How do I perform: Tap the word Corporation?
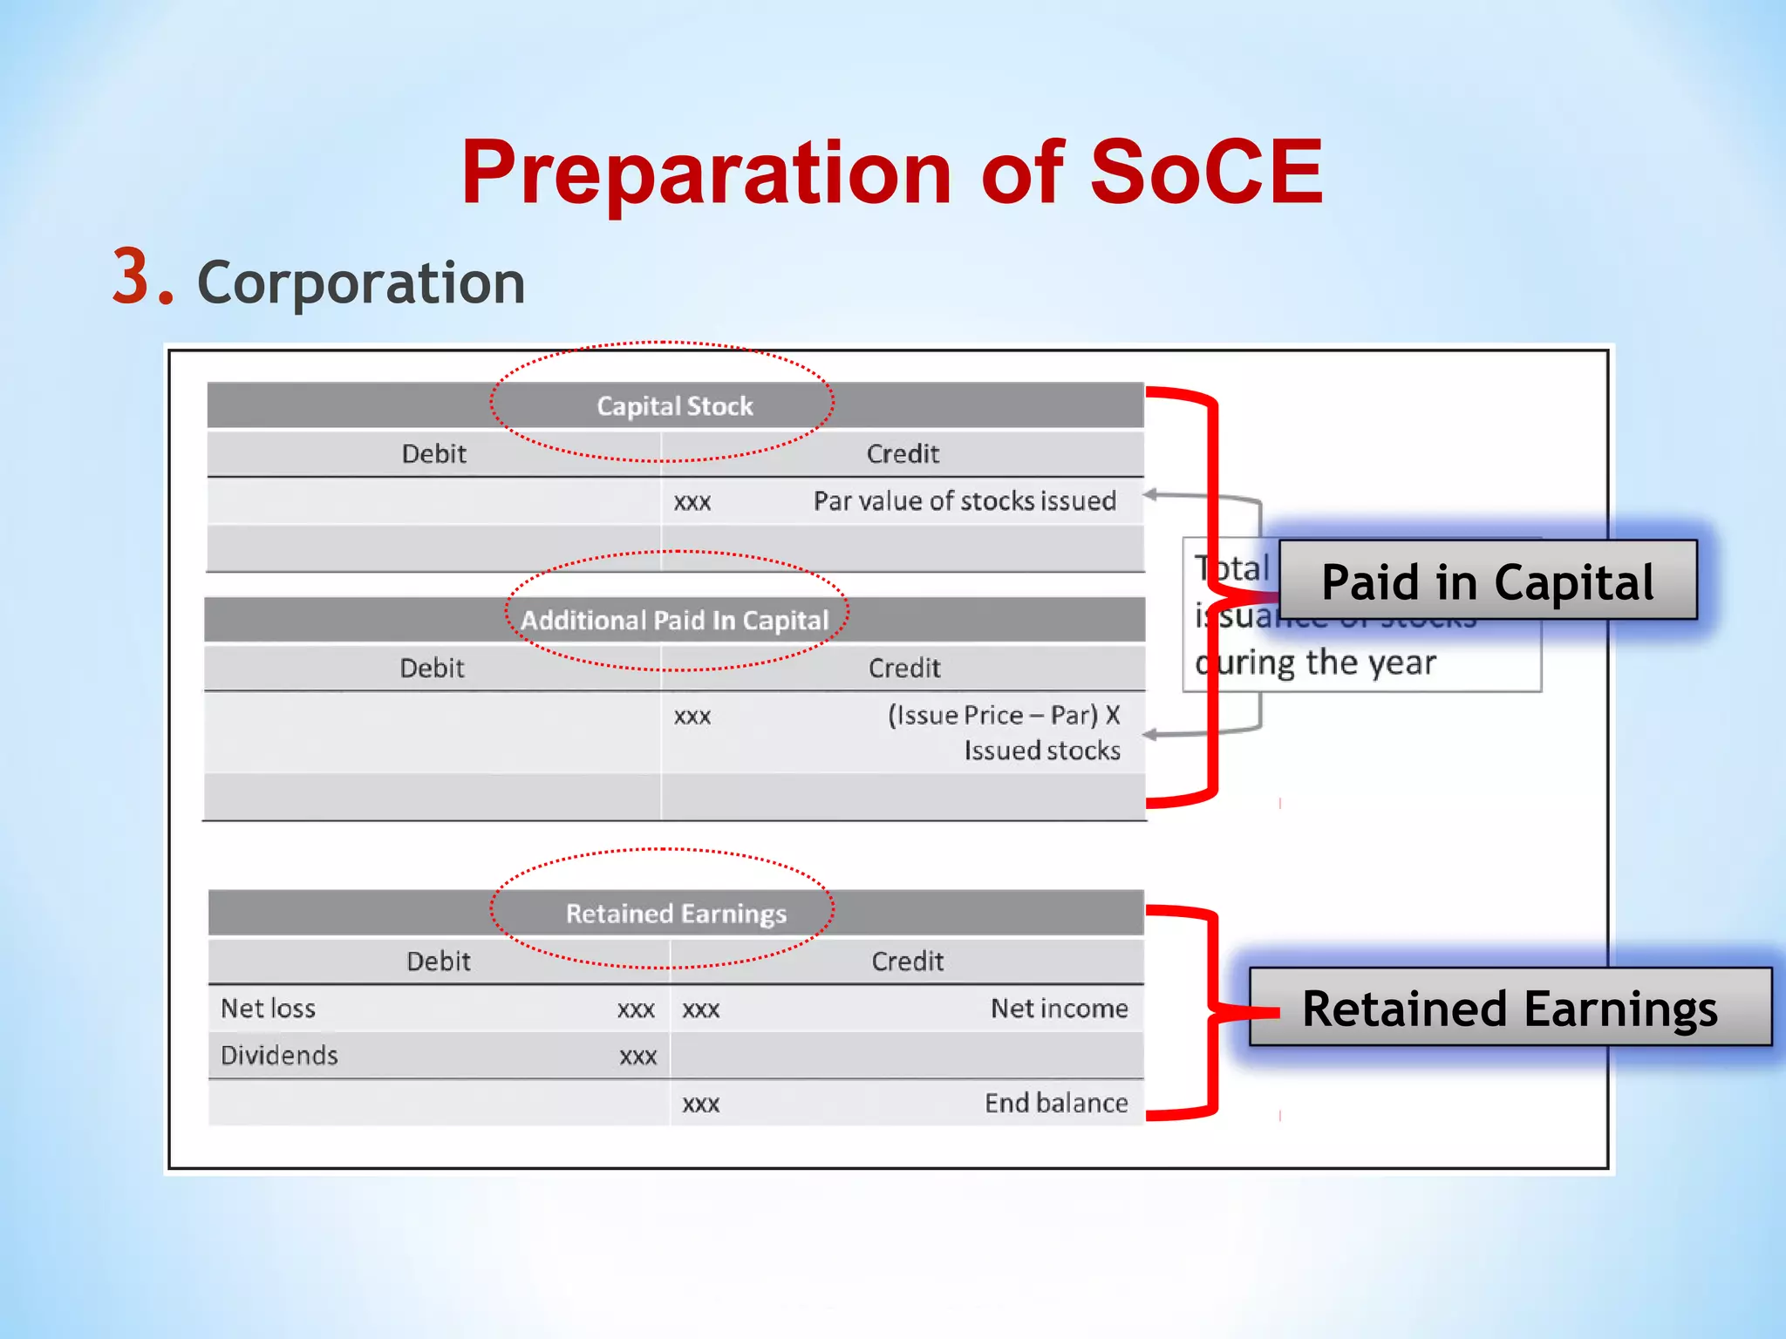pos(361,283)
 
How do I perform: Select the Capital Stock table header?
pos(674,406)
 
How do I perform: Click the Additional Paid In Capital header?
pos(674,620)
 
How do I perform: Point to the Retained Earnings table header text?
pos(676,914)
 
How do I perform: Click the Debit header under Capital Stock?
pos(433,454)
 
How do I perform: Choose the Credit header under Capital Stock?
pos(903,454)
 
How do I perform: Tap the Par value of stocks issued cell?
pos(965,501)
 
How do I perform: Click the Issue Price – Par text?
pos(1003,716)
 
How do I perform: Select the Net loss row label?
pos(268,1009)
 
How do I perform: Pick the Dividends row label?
pos(279,1056)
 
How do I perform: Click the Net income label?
pos(1059,1009)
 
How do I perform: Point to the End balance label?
pos(1056,1104)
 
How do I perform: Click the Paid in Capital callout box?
pos(1487,581)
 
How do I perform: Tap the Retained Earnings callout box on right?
pos(1510,1009)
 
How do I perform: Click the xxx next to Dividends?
pos(637,1057)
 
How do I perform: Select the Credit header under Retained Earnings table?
pos(907,962)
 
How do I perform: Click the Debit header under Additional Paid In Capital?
pos(432,669)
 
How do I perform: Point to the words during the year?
pos(1316,663)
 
